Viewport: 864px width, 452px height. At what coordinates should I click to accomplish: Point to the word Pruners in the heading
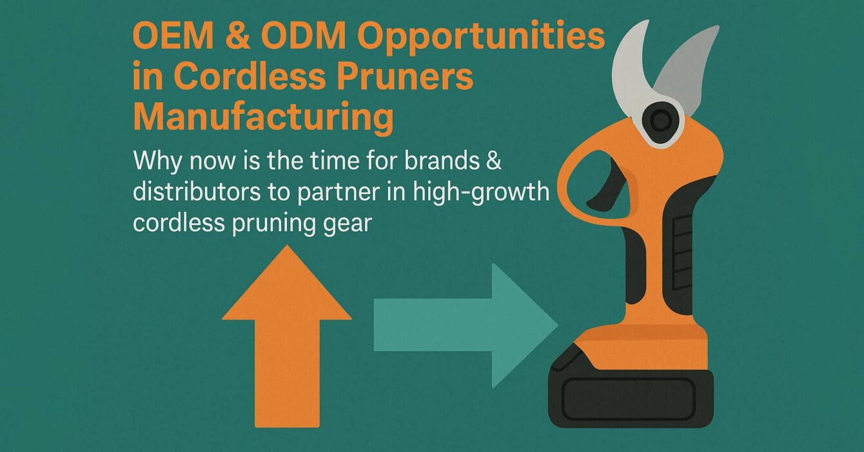(x=402, y=79)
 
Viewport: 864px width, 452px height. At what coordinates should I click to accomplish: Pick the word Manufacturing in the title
(x=263, y=119)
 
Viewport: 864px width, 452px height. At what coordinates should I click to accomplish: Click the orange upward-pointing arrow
(x=287, y=335)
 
